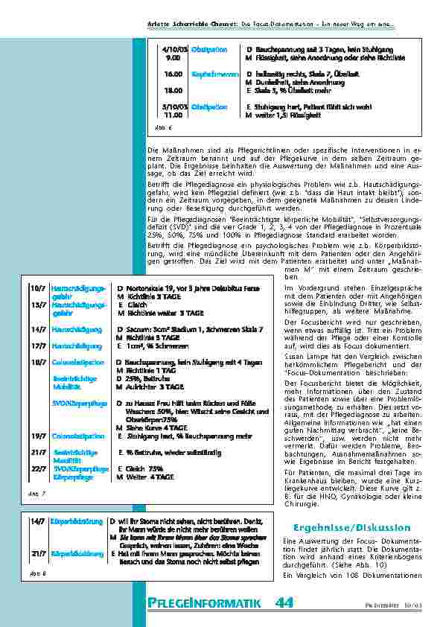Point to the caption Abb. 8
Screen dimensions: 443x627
[38, 574]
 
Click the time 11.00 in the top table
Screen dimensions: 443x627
[173, 115]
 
